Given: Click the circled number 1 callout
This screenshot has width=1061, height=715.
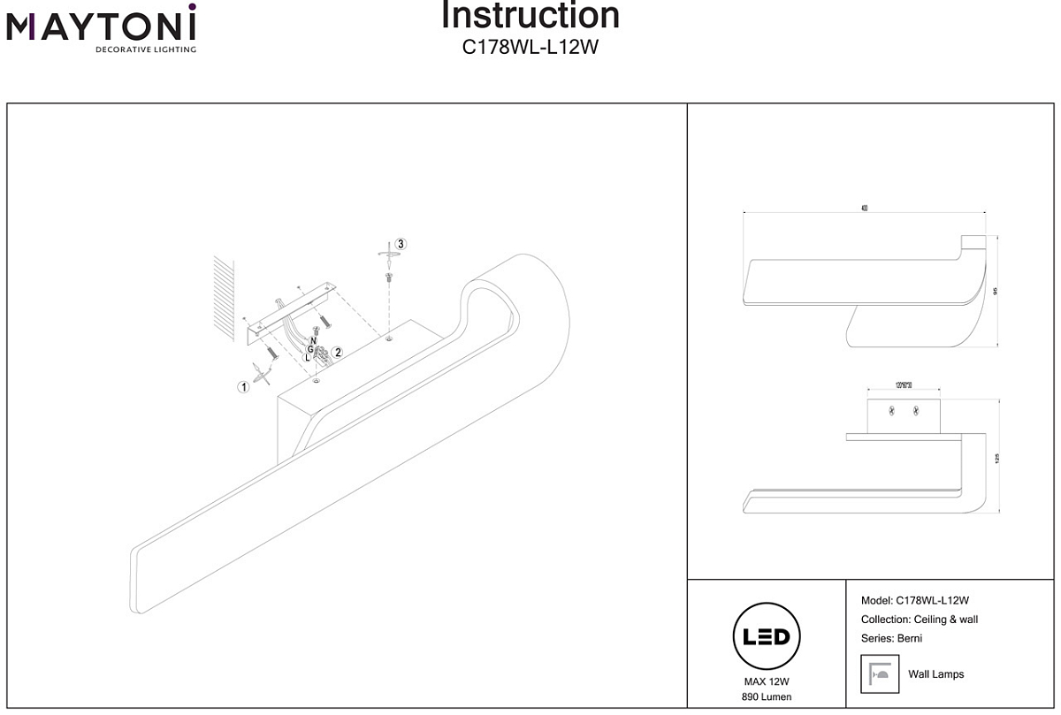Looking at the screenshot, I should click(241, 386).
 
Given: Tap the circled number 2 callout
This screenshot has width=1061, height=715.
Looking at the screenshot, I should click(338, 352).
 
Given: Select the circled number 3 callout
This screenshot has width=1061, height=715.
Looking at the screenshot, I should click(401, 243).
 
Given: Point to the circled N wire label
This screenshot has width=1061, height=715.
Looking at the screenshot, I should click(314, 341).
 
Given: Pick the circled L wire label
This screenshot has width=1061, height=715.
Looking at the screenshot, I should click(308, 358).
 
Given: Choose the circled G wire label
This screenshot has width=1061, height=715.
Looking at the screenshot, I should click(310, 349).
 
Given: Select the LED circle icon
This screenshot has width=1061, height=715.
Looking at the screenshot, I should click(767, 636).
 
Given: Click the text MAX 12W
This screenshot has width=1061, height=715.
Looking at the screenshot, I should click(767, 681).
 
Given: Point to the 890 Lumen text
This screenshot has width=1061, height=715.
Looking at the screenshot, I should click(767, 697).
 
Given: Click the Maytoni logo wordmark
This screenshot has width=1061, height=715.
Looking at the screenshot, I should click(101, 28).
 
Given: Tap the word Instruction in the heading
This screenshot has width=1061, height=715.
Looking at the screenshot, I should click(530, 16).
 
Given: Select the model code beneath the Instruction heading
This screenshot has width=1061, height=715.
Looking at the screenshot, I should click(530, 48).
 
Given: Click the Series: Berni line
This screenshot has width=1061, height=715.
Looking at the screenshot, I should click(891, 638).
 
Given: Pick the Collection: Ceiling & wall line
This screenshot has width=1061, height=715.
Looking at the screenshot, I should click(919, 620).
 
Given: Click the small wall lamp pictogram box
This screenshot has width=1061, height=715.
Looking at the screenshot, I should click(880, 674).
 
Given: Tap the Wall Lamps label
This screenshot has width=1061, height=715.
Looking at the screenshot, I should click(935, 674).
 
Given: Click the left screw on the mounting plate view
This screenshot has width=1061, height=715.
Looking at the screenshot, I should click(892, 410).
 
